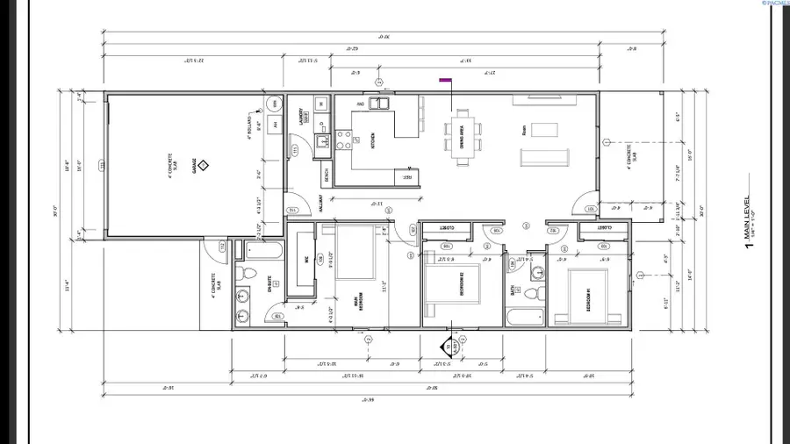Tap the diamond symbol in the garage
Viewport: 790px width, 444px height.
coord(201,164)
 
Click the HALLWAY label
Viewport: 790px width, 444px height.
coord(323,204)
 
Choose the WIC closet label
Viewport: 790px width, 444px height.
coord(306,260)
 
